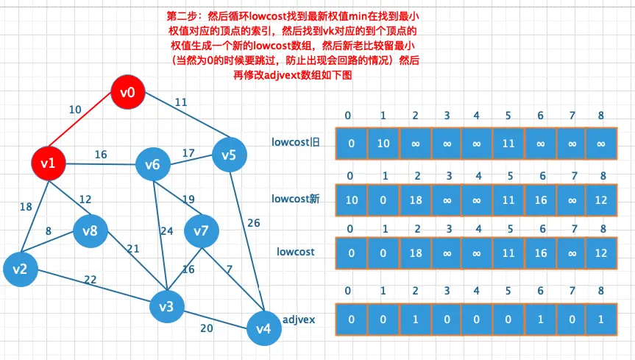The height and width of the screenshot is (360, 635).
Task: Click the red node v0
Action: click(128, 92)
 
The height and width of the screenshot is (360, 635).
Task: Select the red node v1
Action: click(49, 163)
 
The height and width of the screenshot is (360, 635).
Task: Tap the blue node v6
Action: click(152, 164)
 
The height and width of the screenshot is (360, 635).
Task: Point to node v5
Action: click(229, 155)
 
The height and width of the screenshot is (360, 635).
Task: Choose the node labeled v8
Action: click(90, 230)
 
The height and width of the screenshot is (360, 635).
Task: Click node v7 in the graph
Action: click(201, 231)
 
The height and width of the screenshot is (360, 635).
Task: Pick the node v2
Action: click(20, 269)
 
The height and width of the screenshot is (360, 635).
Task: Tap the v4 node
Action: click(263, 328)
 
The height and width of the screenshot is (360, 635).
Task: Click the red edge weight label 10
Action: click(75, 110)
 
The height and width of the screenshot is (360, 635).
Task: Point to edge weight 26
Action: click(253, 223)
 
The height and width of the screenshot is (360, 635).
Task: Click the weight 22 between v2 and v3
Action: click(91, 279)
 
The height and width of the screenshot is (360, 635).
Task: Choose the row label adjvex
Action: click(299, 320)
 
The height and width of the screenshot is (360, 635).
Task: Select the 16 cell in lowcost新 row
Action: click(541, 199)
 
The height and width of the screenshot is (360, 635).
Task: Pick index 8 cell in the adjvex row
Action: click(603, 319)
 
